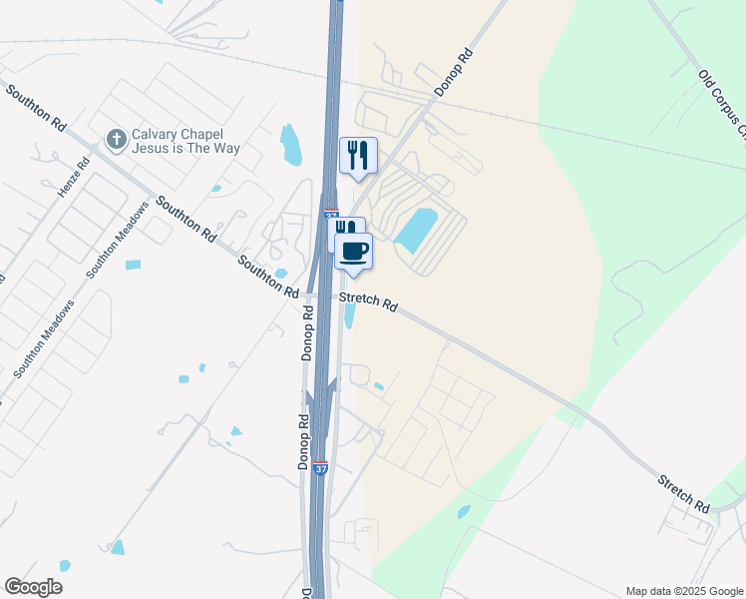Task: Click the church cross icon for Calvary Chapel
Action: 116,140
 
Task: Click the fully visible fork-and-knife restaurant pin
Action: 358,156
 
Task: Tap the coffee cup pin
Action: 354,252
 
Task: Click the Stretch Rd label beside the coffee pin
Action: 368,302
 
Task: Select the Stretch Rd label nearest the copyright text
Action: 683,494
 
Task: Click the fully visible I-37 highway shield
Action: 320,467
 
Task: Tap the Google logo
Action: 33,587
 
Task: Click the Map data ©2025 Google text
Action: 683,591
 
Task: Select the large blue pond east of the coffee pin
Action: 417,231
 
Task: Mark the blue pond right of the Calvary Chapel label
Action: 290,145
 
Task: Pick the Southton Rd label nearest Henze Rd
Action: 35,109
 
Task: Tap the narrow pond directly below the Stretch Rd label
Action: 350,316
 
